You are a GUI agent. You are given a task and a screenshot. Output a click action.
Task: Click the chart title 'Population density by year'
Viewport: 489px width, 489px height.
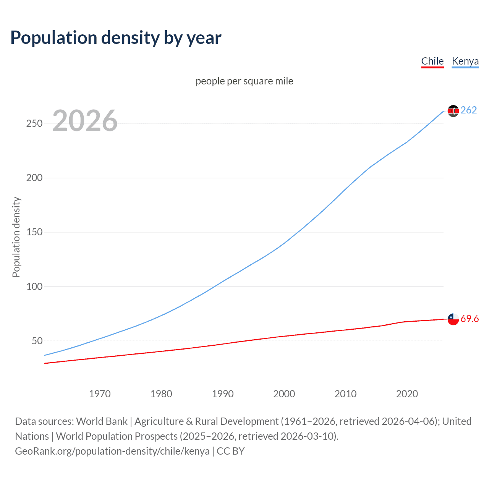coord(116,38)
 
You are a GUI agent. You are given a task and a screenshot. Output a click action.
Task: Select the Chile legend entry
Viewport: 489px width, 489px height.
coord(432,61)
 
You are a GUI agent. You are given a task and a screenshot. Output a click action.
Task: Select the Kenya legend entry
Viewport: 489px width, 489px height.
coord(465,61)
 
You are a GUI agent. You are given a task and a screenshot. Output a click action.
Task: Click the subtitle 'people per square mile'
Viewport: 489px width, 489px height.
coord(244,81)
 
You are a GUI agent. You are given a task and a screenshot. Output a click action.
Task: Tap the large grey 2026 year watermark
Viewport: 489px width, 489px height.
coord(85,121)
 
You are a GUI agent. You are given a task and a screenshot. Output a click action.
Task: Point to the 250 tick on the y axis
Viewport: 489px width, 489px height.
coord(34,124)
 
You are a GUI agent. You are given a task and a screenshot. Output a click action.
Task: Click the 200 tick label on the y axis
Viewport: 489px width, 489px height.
coord(34,178)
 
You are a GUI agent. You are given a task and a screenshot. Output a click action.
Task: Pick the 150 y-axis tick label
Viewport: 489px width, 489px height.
coord(34,232)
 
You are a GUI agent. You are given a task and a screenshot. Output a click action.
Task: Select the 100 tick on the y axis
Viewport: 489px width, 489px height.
coord(34,287)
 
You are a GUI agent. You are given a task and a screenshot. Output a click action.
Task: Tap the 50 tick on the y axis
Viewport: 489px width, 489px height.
coord(37,341)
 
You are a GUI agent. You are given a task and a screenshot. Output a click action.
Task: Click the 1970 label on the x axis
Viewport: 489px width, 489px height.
coord(100,394)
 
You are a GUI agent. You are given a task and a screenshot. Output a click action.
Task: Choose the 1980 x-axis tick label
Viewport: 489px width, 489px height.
coord(161,394)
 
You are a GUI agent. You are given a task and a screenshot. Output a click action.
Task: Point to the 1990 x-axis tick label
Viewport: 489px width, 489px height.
coord(223,394)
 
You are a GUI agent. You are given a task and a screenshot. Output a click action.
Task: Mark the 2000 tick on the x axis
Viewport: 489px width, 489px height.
coord(284,394)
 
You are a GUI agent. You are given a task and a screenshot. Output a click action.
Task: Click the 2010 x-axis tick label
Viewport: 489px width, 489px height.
coord(345,394)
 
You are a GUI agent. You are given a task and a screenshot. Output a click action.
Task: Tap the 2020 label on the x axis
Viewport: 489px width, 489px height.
coord(407,394)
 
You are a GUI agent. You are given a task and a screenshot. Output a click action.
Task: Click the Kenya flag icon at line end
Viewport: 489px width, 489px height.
coord(453,111)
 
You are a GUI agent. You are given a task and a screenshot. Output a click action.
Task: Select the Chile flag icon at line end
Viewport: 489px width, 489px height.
coord(453,319)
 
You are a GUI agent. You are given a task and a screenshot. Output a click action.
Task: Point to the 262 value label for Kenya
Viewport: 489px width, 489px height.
coord(469,110)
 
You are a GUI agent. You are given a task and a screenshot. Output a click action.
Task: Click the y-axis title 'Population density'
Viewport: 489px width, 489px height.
coord(16,237)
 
